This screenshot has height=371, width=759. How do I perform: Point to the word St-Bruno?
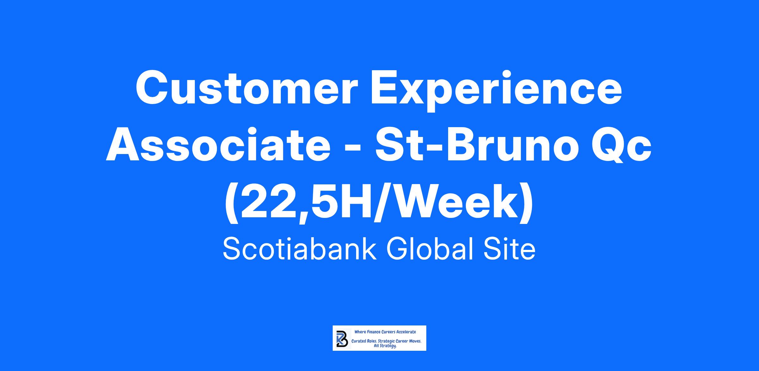click(x=475, y=144)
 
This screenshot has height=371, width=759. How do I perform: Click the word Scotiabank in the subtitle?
click(x=300, y=249)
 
